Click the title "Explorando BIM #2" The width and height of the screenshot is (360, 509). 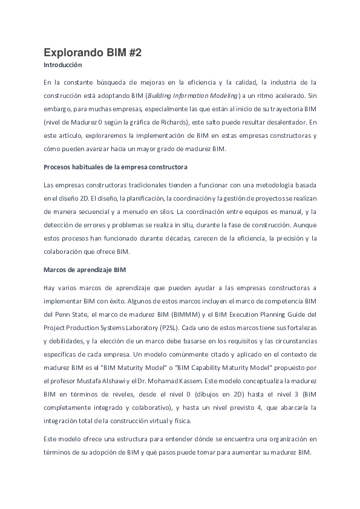(93, 53)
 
